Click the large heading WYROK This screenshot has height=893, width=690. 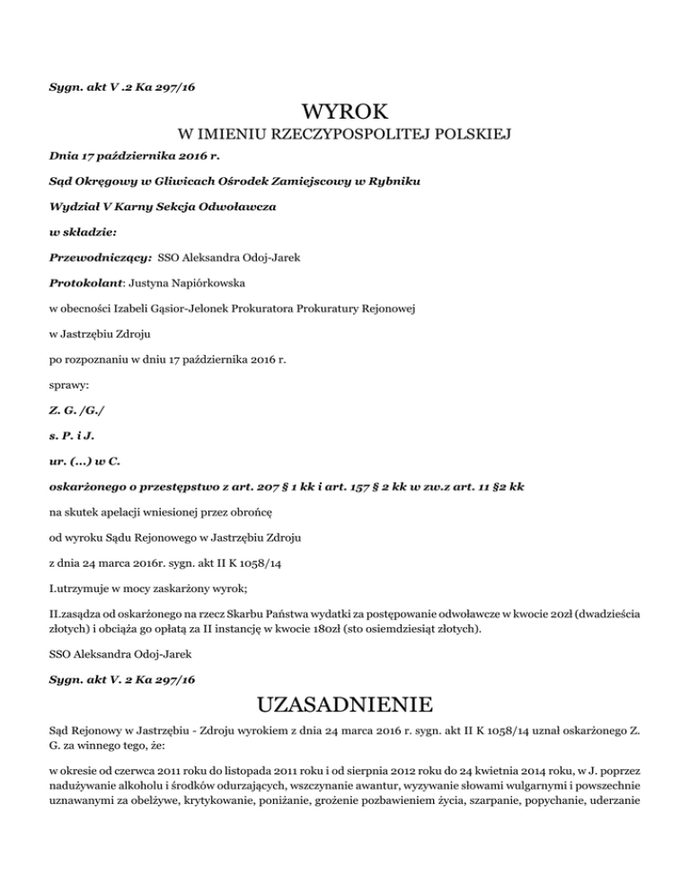coord(345,112)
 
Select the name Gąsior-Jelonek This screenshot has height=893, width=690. coord(191,308)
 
